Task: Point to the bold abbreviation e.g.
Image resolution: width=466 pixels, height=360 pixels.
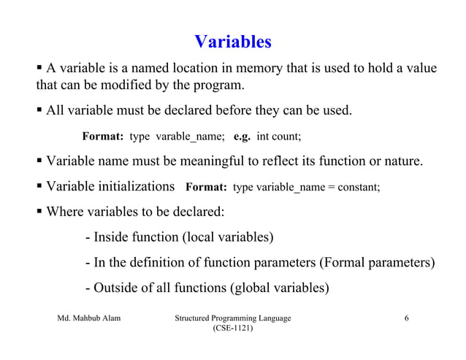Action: (242, 137)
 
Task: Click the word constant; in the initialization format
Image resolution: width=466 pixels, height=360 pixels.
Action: (358, 187)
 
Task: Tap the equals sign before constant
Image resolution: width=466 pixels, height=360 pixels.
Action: (330, 187)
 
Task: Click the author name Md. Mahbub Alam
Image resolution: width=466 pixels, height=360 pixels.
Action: (89, 318)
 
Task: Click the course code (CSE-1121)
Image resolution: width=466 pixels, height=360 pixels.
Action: (232, 330)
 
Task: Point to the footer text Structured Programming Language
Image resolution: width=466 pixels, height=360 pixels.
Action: (232, 318)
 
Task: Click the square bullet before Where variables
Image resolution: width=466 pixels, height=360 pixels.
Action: (40, 212)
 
